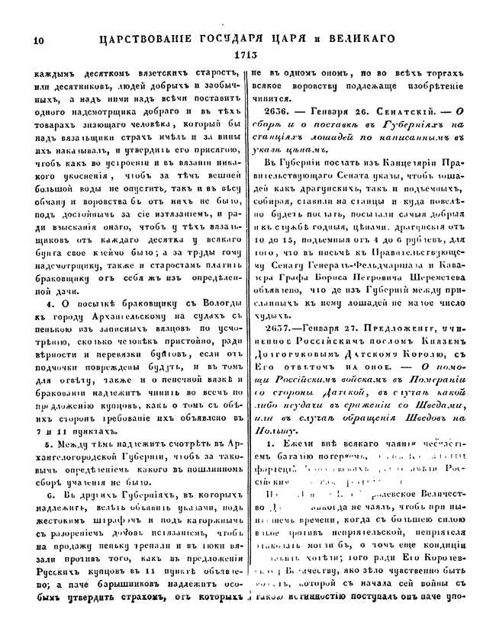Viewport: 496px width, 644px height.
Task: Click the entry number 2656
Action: point(282,111)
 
